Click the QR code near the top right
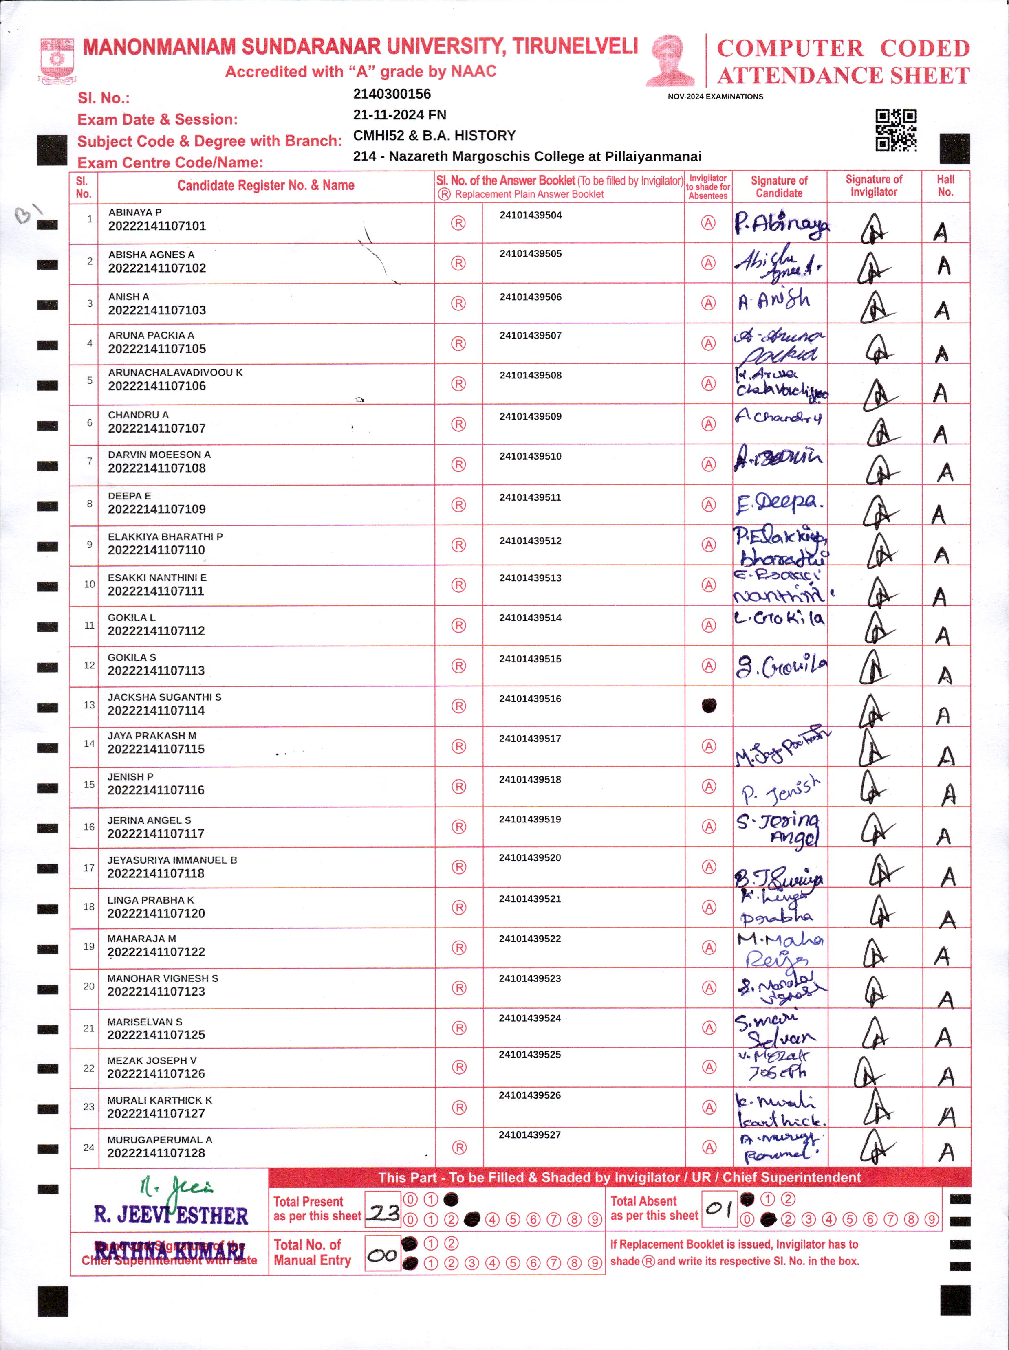click(895, 130)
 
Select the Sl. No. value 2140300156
click(392, 94)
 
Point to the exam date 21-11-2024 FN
click(399, 115)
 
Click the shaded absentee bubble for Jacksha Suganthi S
click(709, 706)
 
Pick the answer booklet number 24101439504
click(531, 215)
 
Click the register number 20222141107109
click(156, 509)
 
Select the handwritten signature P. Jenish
click(780, 791)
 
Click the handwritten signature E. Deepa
click(779, 503)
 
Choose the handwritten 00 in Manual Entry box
click(383, 1255)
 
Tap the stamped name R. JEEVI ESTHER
click(171, 1215)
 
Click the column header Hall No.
click(945, 185)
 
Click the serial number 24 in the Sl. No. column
click(88, 1148)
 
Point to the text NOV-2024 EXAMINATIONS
click(716, 97)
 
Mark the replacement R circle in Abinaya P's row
click(458, 223)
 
